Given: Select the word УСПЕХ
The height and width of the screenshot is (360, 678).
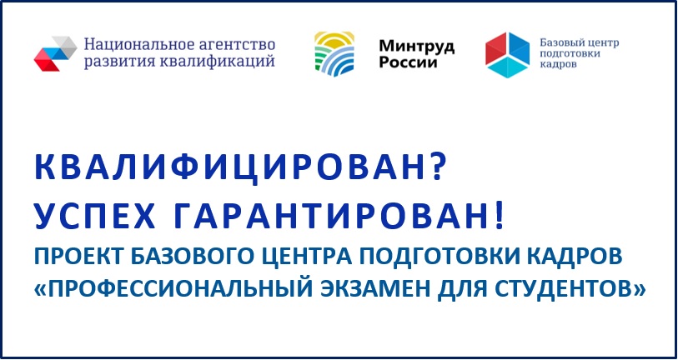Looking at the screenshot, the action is point(95,216).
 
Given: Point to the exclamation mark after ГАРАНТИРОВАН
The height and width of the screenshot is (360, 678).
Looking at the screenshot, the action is point(499,216).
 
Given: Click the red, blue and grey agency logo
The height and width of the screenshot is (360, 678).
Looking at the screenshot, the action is point(55,53).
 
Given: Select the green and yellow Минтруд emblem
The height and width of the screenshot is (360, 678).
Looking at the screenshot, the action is point(334,54).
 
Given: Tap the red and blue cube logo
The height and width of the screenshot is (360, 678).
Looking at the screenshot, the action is point(507,55).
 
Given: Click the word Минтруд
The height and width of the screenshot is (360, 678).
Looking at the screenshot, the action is point(417,46).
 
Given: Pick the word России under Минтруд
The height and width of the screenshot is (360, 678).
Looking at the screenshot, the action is point(408,62).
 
